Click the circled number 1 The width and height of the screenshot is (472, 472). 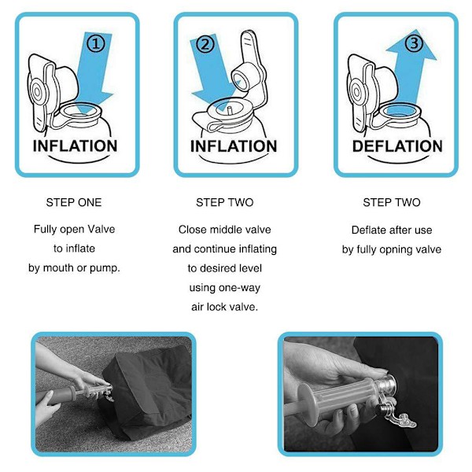coord(96,43)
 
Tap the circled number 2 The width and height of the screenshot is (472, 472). coord(205,44)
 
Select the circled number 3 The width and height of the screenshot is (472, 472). coord(414,43)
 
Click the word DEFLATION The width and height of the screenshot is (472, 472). coord(397,146)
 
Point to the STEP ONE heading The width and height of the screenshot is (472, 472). coord(74,202)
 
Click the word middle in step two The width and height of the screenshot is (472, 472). coord(224,230)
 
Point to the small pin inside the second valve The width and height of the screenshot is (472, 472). coord(230,110)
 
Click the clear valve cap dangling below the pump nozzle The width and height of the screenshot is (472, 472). coord(400,418)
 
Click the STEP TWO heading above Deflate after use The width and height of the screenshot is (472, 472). coord(392,202)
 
